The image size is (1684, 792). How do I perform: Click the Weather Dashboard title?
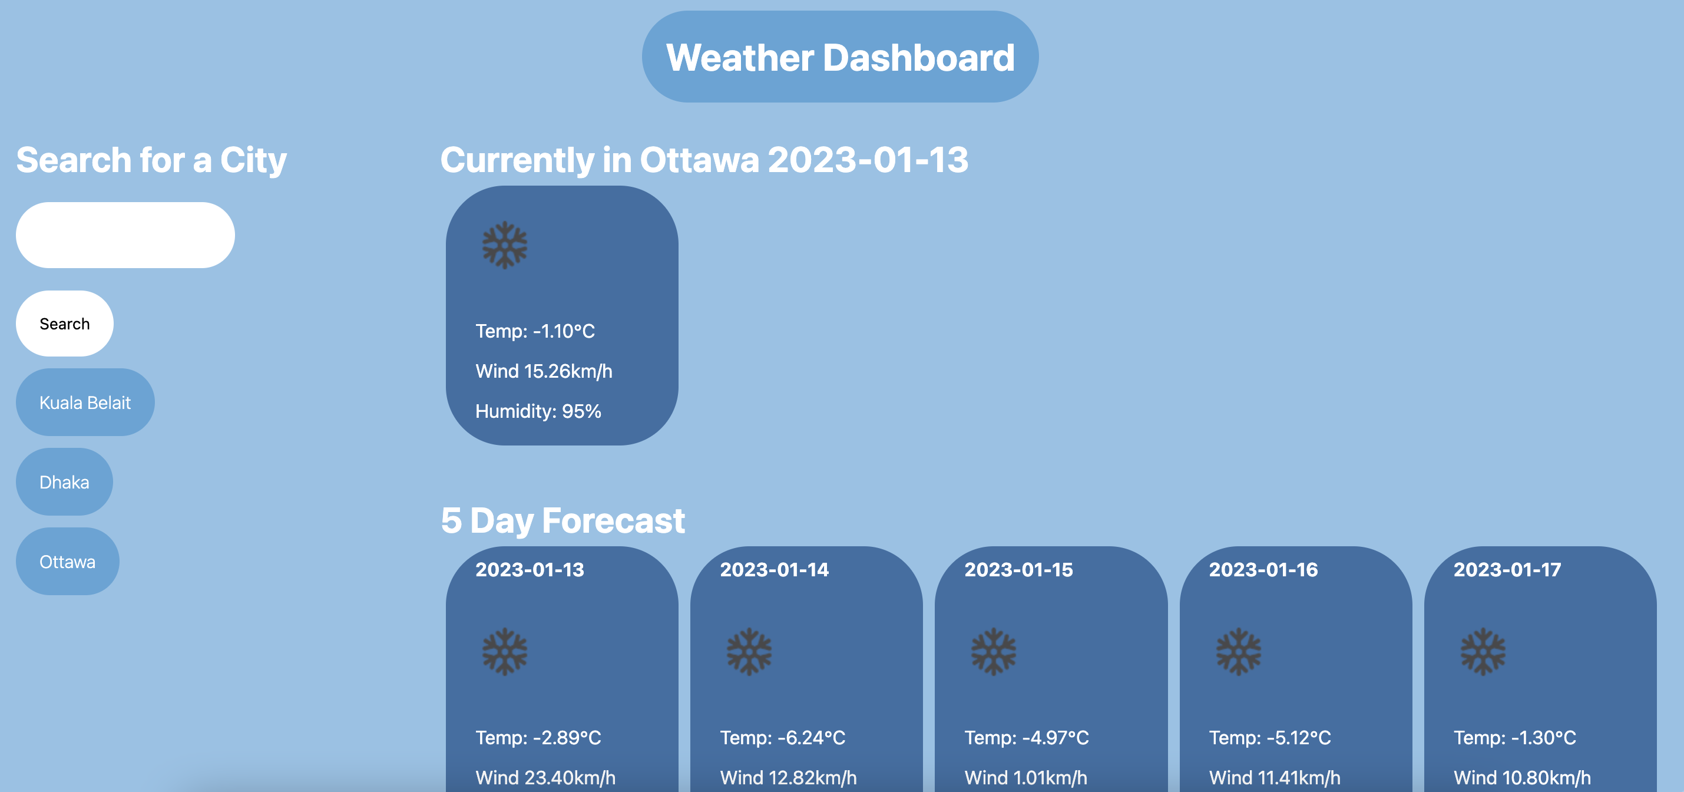point(840,58)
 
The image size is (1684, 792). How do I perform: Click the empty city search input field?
point(125,235)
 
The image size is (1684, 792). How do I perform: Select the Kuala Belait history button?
point(85,402)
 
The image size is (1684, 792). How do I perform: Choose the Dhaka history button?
point(64,482)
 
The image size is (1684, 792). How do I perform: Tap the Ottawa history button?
point(67,562)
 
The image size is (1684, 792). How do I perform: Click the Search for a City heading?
point(151,160)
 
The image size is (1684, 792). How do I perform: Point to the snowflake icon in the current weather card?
point(505,245)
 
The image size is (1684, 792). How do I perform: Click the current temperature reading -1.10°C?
point(535,332)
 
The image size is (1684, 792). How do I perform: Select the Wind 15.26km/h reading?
point(543,371)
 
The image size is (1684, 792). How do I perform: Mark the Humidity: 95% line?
point(538,411)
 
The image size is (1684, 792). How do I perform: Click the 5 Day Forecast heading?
point(562,520)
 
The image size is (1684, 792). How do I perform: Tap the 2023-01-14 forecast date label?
point(774,570)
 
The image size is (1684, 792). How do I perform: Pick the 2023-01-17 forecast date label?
point(1507,570)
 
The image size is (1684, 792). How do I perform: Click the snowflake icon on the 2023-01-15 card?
point(994,651)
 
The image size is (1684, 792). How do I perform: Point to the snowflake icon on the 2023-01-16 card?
point(1238,651)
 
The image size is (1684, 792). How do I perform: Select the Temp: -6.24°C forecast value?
point(783,738)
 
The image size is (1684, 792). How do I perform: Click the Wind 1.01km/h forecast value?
point(1025,778)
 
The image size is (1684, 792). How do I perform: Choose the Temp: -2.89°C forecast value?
point(538,738)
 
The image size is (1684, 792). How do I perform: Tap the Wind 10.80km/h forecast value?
point(1522,778)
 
